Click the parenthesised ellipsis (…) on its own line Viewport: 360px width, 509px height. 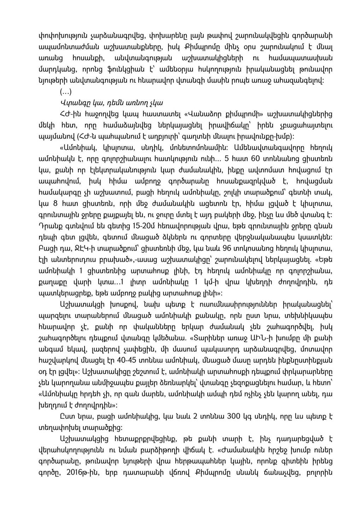[65, 93]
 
